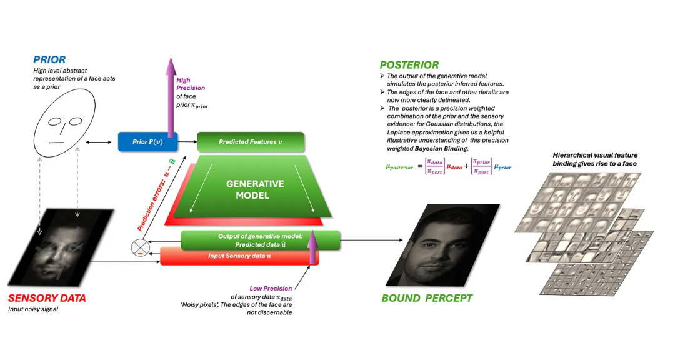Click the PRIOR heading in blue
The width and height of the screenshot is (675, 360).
49,60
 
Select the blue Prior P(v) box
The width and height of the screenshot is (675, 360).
147,141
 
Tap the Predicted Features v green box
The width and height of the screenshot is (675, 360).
250,142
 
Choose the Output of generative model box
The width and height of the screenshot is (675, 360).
260,240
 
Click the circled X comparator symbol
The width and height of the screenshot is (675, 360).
139,248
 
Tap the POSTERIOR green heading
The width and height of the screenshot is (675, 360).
409,65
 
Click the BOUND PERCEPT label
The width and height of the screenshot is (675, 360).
427,298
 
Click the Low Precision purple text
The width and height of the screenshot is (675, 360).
271,288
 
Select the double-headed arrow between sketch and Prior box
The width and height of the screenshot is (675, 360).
101,143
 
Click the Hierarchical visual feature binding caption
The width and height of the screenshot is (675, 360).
599,159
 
